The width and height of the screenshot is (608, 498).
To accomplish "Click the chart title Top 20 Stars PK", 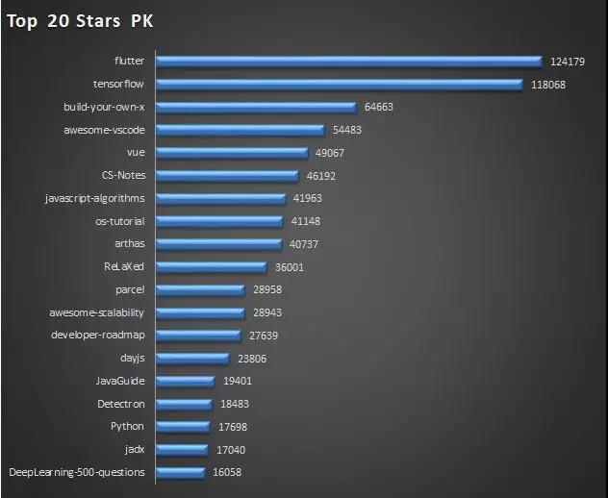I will [80, 21].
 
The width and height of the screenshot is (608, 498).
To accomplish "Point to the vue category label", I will [135, 152].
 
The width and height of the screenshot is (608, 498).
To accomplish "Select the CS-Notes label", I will [123, 175].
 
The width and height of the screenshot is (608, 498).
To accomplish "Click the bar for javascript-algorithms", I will [220, 198].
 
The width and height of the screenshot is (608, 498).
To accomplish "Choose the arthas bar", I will [218, 243].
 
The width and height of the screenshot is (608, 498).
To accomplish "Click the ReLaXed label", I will [124, 266].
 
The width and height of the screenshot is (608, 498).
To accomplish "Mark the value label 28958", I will [265, 289].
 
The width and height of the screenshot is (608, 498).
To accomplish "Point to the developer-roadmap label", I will [97, 335].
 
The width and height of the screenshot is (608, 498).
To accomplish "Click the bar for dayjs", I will [193, 358].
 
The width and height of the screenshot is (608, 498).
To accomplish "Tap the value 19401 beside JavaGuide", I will [239, 381].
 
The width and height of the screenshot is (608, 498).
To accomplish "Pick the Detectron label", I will [120, 404].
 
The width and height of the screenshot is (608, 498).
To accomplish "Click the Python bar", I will [183, 426].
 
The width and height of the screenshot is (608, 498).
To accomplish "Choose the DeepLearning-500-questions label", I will [77, 472].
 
